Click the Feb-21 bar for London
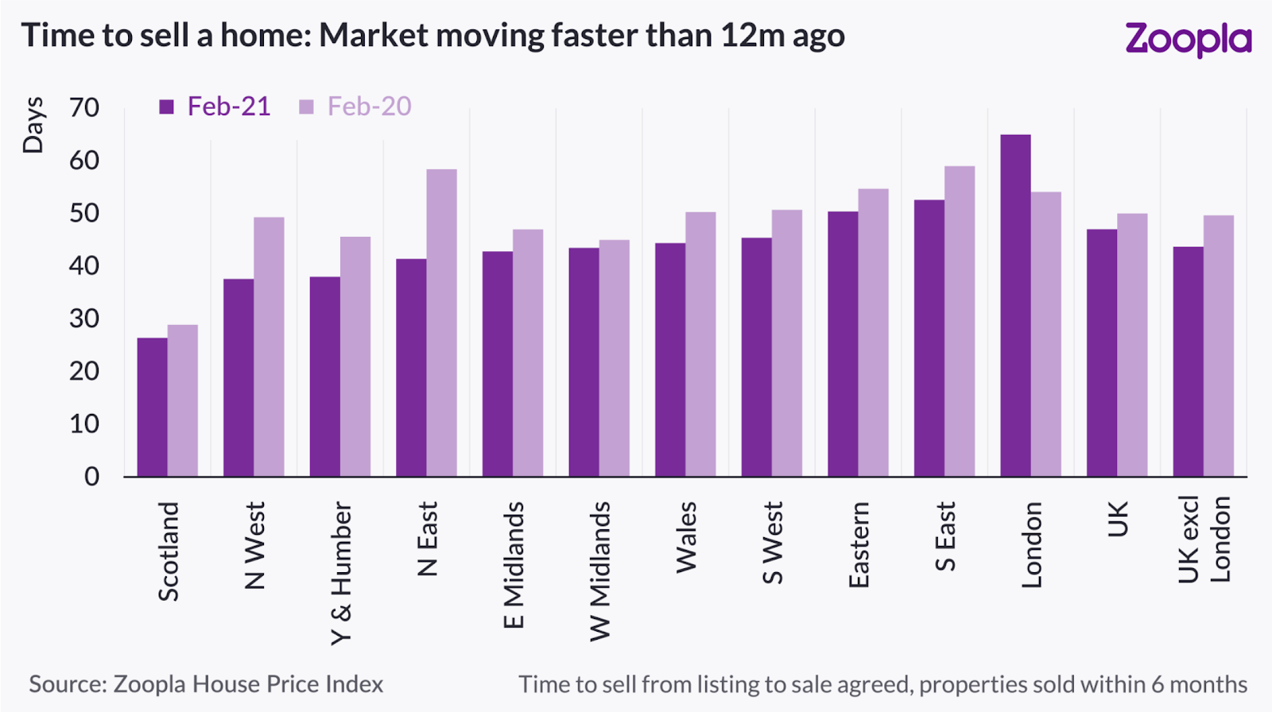click(x=1015, y=306)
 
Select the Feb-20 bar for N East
click(x=441, y=323)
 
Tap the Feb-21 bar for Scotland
click(x=152, y=407)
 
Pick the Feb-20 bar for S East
click(x=960, y=321)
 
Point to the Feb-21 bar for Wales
click(x=670, y=359)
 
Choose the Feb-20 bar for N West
click(x=269, y=346)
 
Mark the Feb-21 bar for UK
click(x=1102, y=353)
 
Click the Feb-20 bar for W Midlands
click(x=615, y=358)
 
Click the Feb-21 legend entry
click(x=215, y=106)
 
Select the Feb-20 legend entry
click(x=355, y=106)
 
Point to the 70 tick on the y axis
click(x=84, y=107)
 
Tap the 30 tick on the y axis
click(x=84, y=319)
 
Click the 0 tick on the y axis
click(x=92, y=477)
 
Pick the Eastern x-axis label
click(x=859, y=545)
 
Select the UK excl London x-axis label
click(x=1204, y=540)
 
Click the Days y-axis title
click(x=33, y=125)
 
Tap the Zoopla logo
click(x=1188, y=39)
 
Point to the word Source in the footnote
click(x=67, y=684)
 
